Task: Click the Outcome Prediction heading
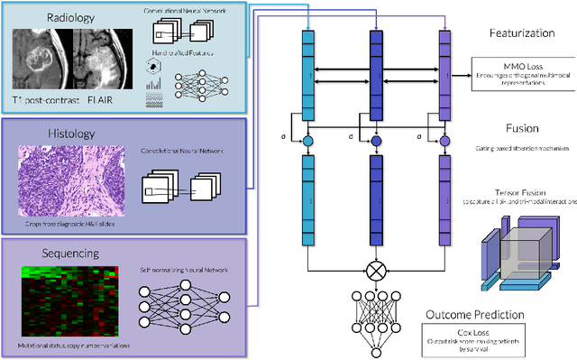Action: point(486,314)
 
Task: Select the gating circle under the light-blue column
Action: point(308,142)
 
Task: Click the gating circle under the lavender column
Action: point(443,142)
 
